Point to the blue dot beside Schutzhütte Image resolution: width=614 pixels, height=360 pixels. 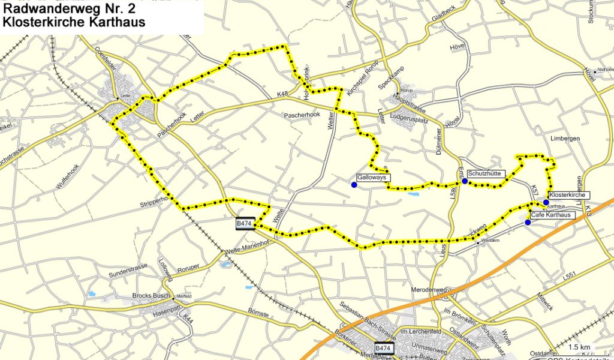465,181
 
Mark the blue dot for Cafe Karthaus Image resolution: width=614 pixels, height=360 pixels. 528,223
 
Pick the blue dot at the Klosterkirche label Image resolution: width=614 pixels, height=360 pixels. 546,202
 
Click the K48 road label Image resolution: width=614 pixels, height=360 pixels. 283,94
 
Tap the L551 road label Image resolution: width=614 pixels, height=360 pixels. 570,275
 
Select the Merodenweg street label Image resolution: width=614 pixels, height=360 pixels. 429,290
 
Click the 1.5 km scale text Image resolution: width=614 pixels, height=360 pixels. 579,347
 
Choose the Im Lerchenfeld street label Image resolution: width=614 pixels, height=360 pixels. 419,332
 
